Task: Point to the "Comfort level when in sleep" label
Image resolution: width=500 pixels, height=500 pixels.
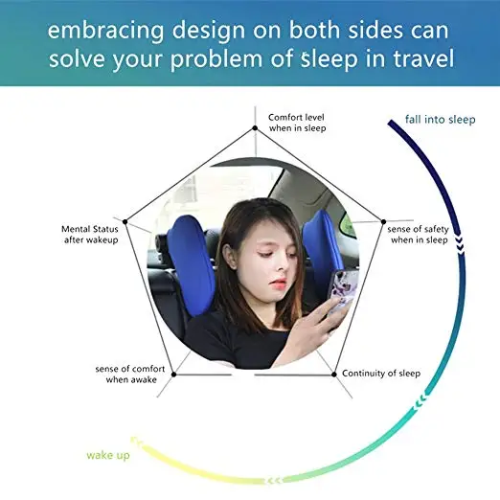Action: point(297,123)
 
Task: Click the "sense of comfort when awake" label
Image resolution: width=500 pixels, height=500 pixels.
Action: point(126,374)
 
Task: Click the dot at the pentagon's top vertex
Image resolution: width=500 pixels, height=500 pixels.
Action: point(253,127)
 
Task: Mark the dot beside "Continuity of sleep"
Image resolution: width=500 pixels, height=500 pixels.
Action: point(333,374)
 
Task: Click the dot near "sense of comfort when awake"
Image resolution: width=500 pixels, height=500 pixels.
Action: point(172,374)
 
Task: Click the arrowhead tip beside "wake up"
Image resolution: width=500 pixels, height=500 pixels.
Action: point(133,442)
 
